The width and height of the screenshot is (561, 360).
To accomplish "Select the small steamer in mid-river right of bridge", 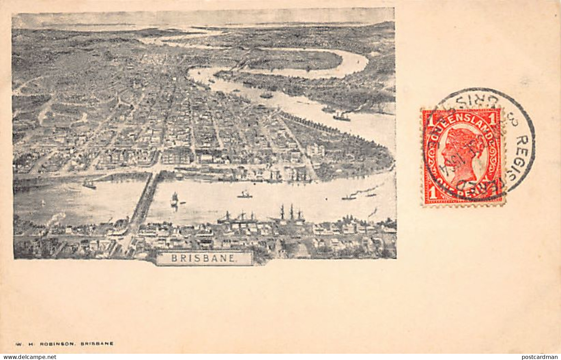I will coord(244,195).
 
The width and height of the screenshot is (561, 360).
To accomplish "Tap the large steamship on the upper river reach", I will coord(342,117).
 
